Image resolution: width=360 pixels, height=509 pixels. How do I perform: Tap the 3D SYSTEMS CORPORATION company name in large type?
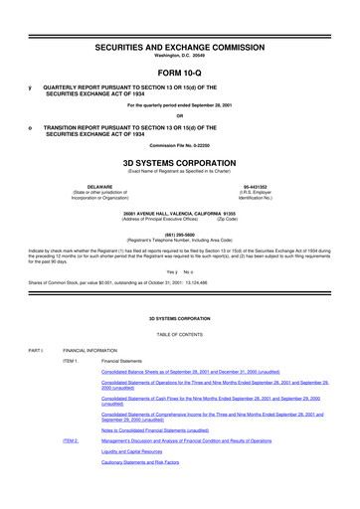tap(179, 158)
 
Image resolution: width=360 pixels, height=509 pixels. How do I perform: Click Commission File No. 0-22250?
tap(179, 146)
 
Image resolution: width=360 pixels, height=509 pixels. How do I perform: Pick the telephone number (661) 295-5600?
tap(179, 234)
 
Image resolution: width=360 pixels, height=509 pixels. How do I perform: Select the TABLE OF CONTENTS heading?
tap(179, 335)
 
